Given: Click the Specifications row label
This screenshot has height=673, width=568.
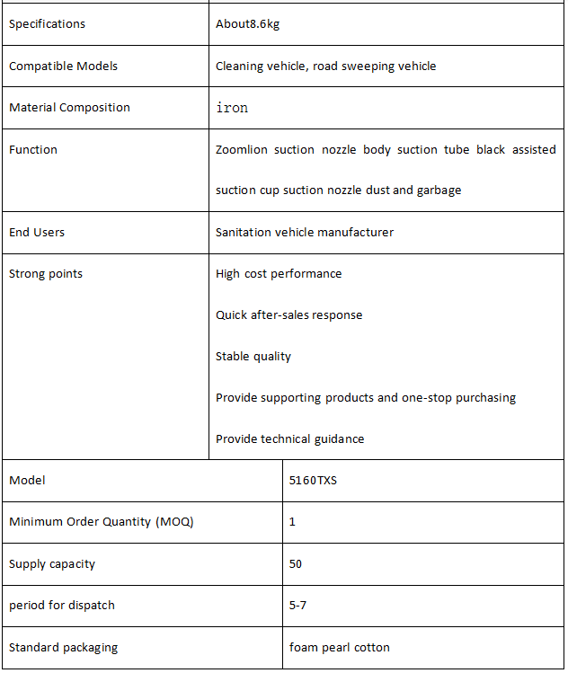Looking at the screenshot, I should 47,24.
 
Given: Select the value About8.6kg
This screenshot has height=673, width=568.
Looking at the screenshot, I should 247,24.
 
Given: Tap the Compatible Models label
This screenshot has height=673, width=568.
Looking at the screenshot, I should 63,66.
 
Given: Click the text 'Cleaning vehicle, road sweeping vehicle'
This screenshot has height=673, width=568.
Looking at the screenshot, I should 325,66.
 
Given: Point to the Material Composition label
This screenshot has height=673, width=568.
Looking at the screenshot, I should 69,107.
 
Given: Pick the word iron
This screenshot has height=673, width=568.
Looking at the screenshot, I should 232,108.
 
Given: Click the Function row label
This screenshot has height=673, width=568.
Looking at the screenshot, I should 32,149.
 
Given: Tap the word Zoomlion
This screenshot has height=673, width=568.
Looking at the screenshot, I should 242,149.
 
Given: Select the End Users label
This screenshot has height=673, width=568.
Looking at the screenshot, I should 37,232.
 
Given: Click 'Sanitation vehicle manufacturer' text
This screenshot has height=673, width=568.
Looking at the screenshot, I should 305,232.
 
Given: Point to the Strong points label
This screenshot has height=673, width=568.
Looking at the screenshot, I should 45,273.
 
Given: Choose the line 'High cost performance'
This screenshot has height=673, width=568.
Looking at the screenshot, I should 279,273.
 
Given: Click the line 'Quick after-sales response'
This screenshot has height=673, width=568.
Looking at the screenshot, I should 288,314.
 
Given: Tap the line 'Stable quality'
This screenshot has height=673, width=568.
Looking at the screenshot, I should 253,356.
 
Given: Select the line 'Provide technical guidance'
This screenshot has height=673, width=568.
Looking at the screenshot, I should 289,438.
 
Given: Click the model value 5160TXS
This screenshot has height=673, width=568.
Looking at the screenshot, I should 313,481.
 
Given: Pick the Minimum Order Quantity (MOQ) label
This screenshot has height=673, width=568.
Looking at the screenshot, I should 101,521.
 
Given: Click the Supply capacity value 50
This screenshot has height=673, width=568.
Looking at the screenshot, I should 296,564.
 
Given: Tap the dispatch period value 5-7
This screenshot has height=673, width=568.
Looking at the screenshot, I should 297,605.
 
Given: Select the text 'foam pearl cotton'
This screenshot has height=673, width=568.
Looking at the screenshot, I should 339,647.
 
